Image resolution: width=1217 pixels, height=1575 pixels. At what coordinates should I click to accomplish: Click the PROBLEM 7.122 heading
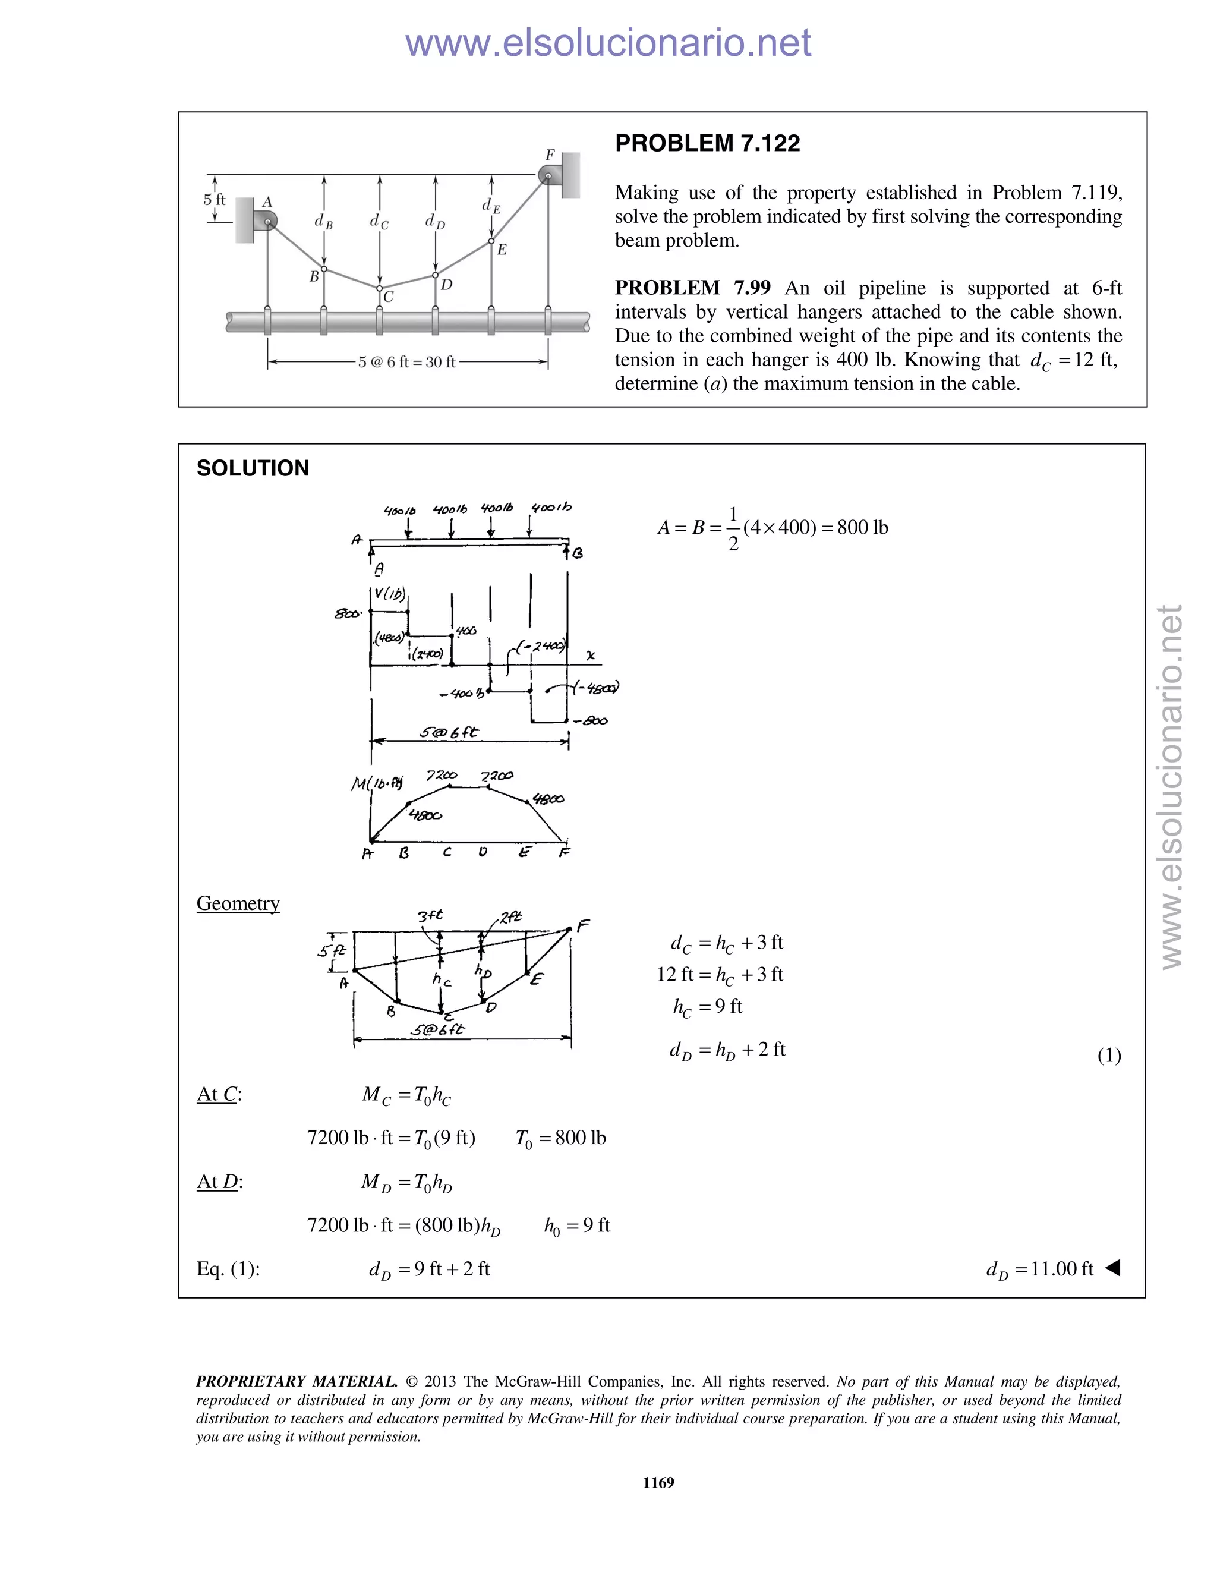[x=707, y=143]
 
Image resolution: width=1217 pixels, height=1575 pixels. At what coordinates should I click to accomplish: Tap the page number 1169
[x=658, y=1482]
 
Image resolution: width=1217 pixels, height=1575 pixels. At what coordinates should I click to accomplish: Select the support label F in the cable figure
[x=550, y=155]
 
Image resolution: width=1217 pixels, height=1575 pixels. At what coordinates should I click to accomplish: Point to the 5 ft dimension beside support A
[x=214, y=200]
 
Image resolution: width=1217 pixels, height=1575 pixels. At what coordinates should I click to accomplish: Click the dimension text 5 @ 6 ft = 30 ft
[x=406, y=362]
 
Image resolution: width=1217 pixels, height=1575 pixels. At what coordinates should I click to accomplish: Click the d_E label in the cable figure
[x=491, y=206]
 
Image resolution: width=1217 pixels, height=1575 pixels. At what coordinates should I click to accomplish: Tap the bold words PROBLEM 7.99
[x=692, y=288]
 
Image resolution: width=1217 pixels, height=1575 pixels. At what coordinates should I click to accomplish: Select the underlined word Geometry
[x=238, y=903]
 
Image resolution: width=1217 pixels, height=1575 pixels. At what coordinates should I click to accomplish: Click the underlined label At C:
[x=219, y=1094]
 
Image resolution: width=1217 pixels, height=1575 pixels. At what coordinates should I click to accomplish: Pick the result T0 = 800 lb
[x=560, y=1138]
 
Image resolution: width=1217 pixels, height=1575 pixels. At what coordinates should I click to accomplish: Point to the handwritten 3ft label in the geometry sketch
[x=430, y=915]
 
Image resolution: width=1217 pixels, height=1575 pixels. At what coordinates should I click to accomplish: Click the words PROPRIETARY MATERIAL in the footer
[x=297, y=1382]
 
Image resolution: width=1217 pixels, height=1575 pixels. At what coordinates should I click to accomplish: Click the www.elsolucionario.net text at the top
[x=608, y=43]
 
